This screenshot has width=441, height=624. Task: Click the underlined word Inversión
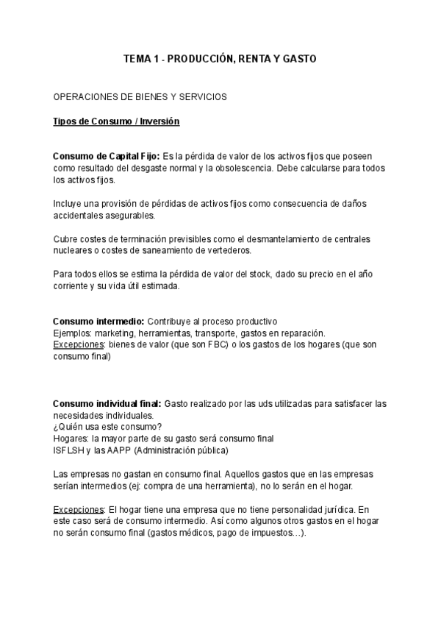pyautogui.click(x=159, y=121)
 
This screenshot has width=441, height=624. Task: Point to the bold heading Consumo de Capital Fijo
pyautogui.click(x=106, y=155)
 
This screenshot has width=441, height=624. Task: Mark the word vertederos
pyautogui.click(x=226, y=251)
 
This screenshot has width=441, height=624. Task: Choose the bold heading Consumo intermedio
pyautogui.click(x=98, y=322)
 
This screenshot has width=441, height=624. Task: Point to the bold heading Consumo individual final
pyautogui.click(x=107, y=404)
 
